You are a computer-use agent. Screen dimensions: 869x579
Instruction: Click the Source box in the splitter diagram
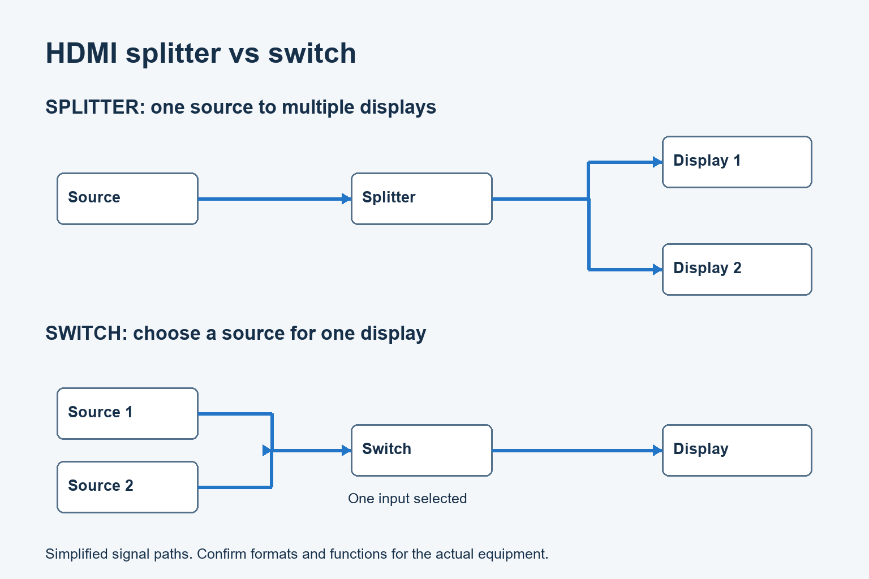[x=128, y=198]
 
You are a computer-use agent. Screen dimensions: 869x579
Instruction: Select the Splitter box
[x=421, y=198]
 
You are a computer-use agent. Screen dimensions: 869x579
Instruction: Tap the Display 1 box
[x=737, y=162]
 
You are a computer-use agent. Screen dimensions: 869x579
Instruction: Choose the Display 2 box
[x=737, y=270]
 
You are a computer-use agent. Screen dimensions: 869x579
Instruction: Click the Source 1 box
[x=128, y=413]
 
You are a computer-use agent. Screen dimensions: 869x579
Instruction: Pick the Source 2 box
[x=128, y=487]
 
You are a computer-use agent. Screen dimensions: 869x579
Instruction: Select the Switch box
[x=421, y=450]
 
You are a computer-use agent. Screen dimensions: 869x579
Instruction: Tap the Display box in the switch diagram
[x=737, y=450]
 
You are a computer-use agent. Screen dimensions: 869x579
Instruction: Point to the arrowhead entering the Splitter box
[x=346, y=199]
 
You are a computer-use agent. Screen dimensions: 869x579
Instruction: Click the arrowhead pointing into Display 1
[x=657, y=162]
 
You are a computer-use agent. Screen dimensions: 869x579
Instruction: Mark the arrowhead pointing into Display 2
[x=657, y=270]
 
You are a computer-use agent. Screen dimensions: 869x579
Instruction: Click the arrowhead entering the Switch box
[x=346, y=450]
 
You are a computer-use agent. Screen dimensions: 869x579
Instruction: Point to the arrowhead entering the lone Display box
[x=657, y=450]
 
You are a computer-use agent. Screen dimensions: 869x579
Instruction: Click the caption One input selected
[x=407, y=499]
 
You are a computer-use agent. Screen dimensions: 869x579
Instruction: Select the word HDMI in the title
[x=81, y=53]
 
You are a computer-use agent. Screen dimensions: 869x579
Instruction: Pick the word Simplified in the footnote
[x=76, y=554]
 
